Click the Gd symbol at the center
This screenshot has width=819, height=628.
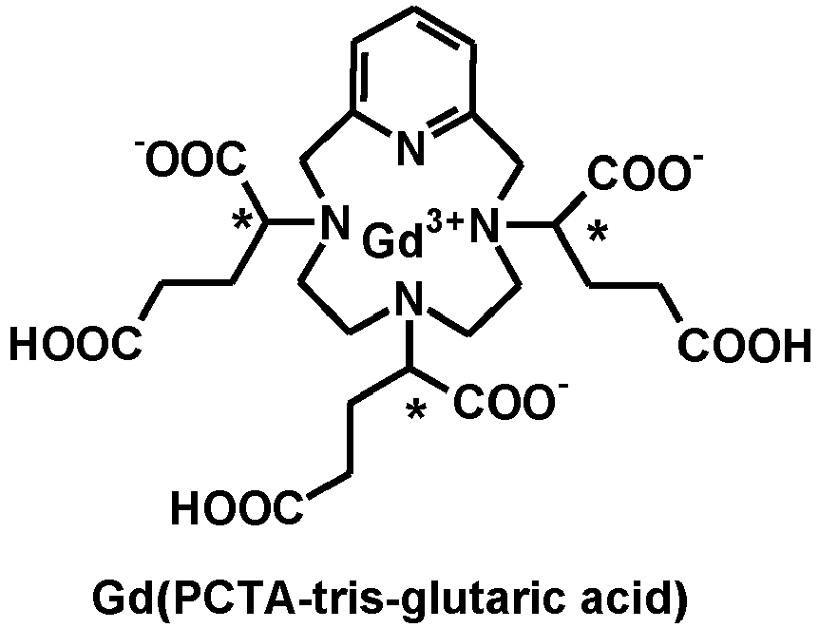pyautogui.click(x=392, y=241)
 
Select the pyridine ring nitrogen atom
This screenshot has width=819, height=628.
pyautogui.click(x=409, y=148)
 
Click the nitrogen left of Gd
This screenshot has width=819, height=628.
pyautogui.click(x=333, y=222)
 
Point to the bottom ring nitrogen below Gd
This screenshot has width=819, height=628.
pyautogui.click(x=409, y=299)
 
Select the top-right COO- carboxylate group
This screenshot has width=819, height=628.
pyautogui.click(x=645, y=171)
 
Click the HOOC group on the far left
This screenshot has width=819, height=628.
pyautogui.click(x=76, y=344)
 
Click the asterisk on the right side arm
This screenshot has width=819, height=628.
pyautogui.click(x=598, y=234)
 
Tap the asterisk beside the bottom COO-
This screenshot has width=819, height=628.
pyautogui.click(x=417, y=411)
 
